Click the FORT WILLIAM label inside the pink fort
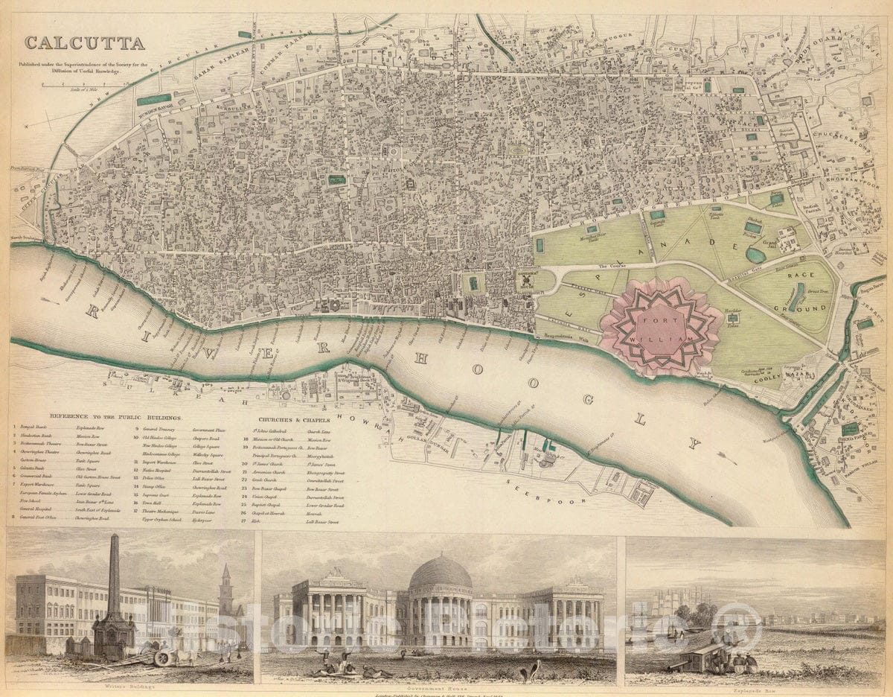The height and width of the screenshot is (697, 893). [x=660, y=326]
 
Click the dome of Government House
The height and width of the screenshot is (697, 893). [x=441, y=572]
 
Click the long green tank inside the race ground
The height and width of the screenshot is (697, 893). [x=797, y=296]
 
